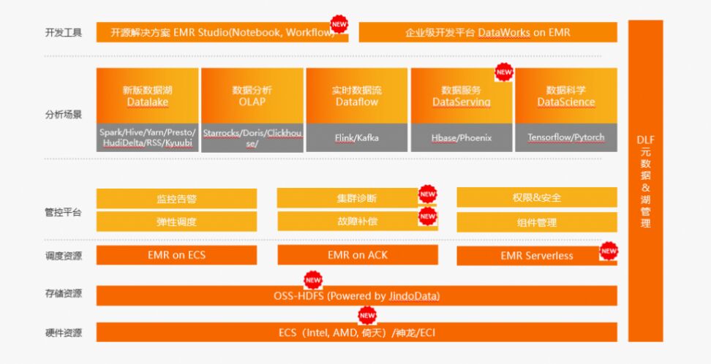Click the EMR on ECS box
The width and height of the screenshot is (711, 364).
[176, 255]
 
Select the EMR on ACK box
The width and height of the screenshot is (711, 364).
[358, 255]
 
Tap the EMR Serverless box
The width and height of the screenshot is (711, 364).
[536, 256]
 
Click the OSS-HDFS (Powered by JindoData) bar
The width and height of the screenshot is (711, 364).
[356, 296]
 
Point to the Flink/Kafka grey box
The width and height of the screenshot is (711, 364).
[356, 137]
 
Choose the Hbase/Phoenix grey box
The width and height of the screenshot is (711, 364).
[462, 137]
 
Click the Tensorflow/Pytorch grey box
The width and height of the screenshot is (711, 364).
[566, 137]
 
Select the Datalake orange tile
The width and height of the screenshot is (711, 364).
[148, 96]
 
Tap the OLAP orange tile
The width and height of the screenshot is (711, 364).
[252, 96]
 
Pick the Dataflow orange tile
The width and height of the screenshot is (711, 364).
[356, 96]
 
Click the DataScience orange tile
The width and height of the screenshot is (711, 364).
[566, 96]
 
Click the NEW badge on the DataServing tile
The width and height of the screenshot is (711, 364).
[504, 72]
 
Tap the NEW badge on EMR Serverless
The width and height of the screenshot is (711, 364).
[609, 251]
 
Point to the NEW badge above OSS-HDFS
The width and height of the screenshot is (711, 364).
[313, 280]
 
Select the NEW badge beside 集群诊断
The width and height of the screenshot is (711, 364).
[427, 194]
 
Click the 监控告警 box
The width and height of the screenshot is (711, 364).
[176, 198]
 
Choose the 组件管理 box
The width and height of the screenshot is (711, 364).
[536, 222]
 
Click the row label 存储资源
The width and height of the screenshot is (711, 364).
[64, 294]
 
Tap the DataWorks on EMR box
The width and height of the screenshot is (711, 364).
[488, 33]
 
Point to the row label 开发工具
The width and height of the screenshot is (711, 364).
[64, 33]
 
